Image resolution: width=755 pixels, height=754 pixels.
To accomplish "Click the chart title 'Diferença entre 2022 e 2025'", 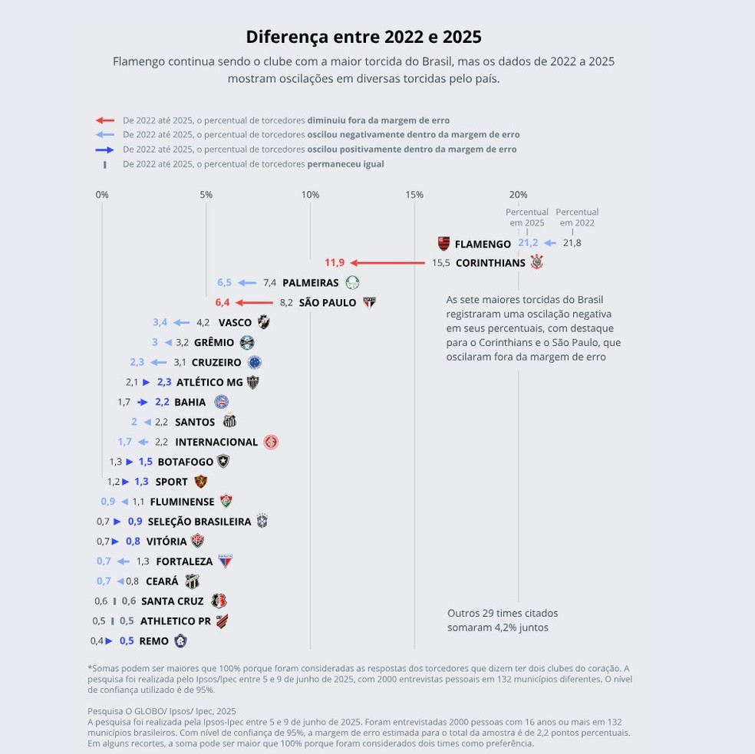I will [363, 37].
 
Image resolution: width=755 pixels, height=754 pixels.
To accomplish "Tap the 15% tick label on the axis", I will [414, 195].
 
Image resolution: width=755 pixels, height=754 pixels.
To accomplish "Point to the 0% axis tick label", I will [102, 195].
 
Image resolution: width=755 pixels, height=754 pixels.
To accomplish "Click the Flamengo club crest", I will [443, 244].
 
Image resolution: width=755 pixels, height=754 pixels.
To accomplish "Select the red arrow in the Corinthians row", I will [387, 263].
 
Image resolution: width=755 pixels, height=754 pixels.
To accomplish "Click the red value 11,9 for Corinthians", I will [335, 263].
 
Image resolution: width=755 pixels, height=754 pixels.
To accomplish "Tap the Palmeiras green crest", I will [352, 283].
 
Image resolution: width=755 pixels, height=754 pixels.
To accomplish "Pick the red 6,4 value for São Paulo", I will [223, 303].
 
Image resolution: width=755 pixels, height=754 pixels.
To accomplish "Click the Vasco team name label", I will [235, 323].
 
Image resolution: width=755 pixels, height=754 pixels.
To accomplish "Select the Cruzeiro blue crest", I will [254, 363].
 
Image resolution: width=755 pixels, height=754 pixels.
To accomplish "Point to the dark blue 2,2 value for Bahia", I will [162, 402].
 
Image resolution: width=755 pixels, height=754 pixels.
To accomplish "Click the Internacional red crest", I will [271, 443].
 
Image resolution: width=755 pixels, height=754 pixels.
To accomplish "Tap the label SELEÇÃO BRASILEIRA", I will [199, 522].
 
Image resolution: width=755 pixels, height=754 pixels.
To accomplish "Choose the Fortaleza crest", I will [226, 561].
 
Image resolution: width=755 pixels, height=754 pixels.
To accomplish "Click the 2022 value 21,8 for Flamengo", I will [572, 243].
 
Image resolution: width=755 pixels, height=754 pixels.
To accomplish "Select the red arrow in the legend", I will [105, 120].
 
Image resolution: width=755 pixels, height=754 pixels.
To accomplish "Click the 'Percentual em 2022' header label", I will [577, 217].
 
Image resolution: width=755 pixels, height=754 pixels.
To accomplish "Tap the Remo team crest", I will [180, 641].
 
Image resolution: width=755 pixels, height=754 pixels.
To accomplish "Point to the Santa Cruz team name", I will [173, 601].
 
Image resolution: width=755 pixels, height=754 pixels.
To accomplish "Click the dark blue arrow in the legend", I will [105, 150].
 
